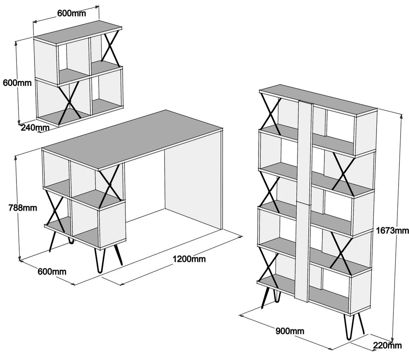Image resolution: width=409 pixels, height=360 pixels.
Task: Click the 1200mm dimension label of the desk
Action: coord(189,259)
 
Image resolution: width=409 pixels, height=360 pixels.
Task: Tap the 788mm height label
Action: coord(23,208)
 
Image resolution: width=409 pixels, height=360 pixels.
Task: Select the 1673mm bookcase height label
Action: coord(392,230)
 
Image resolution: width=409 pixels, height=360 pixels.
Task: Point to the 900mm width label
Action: coord(290,331)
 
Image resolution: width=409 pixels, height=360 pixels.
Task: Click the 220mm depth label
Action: coord(387,346)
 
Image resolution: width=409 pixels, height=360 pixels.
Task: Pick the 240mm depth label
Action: coord(35,127)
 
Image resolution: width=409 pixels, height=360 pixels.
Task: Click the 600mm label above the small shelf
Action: coord(71,13)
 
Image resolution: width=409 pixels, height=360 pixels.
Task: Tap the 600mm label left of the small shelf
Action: coord(17,83)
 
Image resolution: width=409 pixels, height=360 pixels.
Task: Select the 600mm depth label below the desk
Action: coord(52,271)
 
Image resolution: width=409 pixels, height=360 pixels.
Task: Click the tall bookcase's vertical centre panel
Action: coord(304,201)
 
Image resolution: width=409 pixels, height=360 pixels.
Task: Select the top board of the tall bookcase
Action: coord(318,100)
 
